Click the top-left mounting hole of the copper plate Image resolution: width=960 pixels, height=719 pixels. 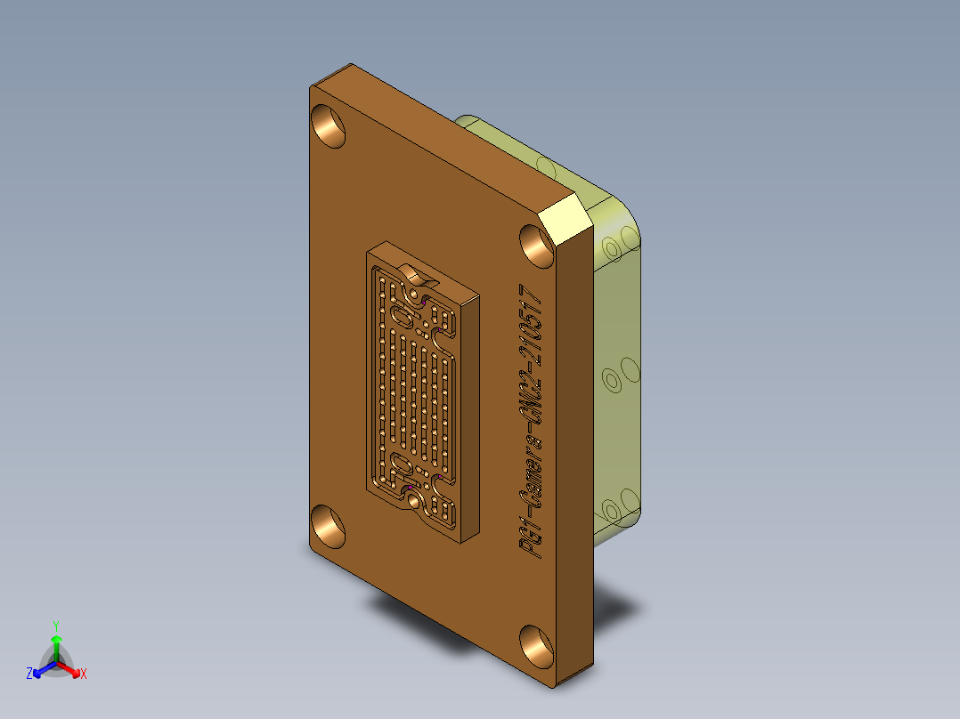330,125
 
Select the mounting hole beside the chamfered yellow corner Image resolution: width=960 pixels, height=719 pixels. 538,246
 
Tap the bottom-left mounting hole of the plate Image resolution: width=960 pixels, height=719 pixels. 329,524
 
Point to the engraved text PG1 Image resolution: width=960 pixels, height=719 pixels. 533,538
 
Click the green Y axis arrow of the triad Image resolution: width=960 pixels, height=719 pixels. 56,640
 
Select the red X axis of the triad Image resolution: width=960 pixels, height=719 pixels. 71,667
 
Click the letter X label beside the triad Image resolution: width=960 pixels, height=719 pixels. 84,675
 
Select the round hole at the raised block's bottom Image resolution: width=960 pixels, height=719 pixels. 416,503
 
